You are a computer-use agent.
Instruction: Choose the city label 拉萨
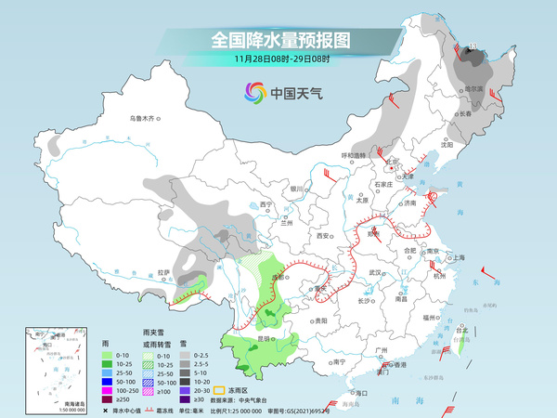(163, 272)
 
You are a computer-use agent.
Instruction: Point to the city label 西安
(324, 236)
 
